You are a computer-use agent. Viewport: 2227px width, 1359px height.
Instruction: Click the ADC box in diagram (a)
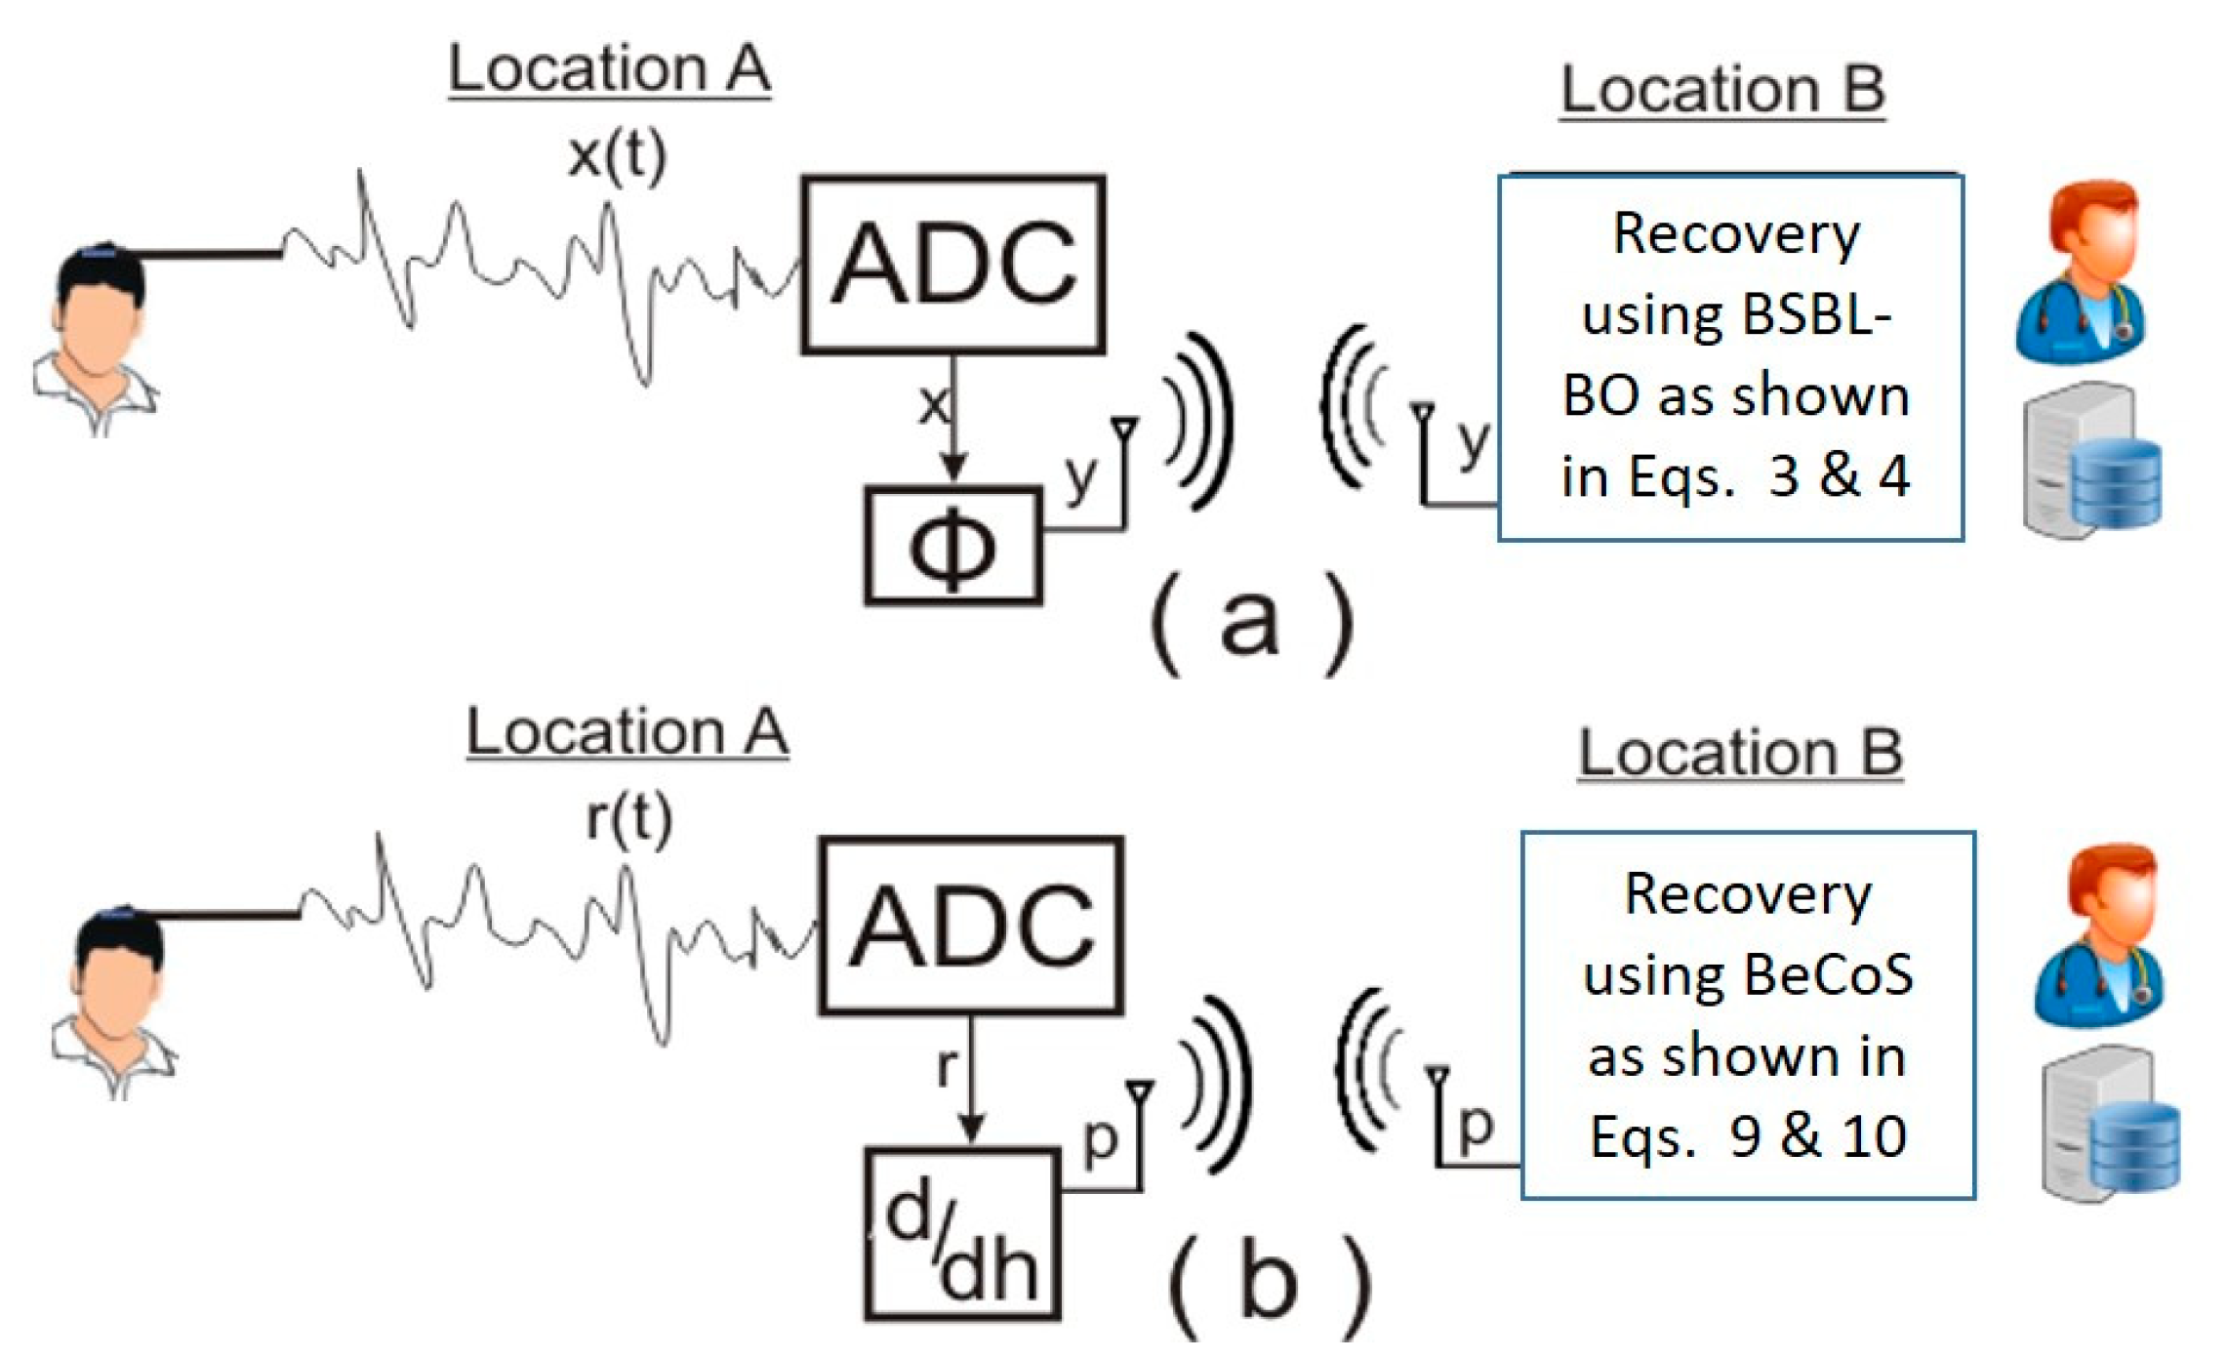click(952, 264)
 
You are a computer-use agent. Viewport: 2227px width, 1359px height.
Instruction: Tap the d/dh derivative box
click(961, 1236)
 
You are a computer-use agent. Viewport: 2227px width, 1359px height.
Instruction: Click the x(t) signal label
click(617, 154)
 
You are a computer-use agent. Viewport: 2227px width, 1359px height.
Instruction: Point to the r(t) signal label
click(628, 818)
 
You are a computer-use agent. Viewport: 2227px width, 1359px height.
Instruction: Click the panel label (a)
click(1252, 623)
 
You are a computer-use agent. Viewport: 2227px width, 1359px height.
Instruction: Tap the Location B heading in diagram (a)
click(1721, 90)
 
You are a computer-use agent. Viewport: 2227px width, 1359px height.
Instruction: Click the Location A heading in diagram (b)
click(627, 732)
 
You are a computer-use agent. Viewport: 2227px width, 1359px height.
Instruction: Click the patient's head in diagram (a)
click(98, 312)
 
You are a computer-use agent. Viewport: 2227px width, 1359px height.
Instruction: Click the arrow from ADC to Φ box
click(953, 420)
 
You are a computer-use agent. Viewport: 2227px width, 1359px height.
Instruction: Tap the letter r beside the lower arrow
click(945, 1066)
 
